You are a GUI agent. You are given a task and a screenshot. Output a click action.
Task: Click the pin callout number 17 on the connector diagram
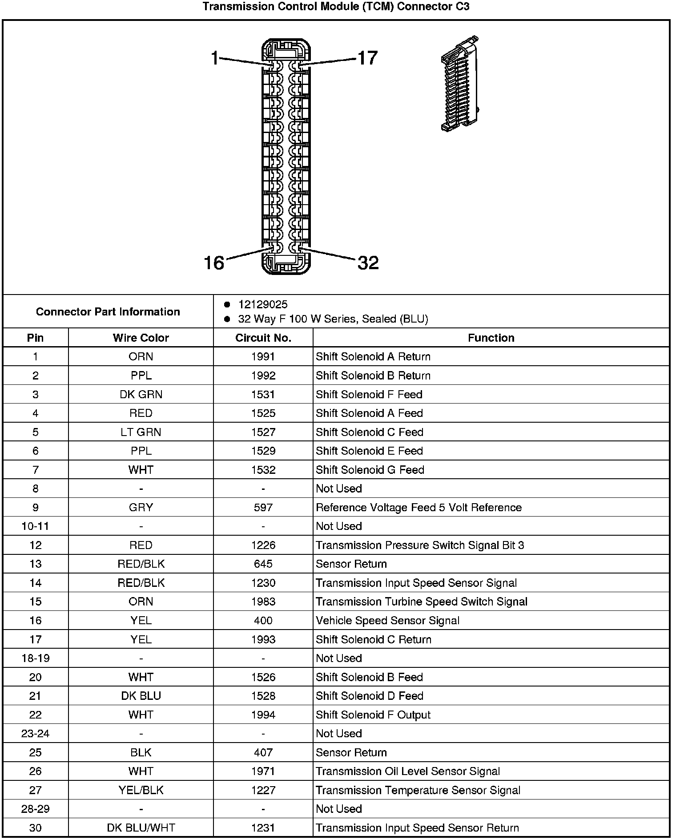367,58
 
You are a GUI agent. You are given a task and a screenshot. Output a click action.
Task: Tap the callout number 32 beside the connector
368,262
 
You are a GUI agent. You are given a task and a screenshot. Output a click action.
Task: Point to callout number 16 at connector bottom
214,262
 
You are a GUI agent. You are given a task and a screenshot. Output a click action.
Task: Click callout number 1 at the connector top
215,58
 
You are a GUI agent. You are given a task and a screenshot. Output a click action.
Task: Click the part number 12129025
263,304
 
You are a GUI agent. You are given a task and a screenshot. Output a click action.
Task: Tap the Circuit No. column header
263,338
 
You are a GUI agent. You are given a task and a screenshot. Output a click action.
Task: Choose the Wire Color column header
141,338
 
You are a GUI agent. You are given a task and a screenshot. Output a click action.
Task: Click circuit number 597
263,507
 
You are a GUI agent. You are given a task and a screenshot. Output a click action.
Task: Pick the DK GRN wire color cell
141,394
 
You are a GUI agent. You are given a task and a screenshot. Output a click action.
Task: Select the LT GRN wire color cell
141,432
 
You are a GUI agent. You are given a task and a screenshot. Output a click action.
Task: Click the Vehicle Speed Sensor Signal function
387,620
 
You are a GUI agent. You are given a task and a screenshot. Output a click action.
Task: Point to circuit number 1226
263,545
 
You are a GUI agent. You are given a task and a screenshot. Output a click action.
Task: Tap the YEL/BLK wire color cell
141,790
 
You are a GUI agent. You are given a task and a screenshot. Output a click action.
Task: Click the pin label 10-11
35,526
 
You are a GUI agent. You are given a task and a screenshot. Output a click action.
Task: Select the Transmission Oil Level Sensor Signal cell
408,771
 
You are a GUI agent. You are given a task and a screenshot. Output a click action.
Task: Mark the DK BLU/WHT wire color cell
141,828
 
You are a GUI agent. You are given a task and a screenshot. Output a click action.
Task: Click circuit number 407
263,752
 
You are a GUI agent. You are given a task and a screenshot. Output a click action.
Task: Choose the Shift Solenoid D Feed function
369,696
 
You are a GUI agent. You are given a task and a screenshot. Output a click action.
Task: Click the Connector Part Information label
108,311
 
